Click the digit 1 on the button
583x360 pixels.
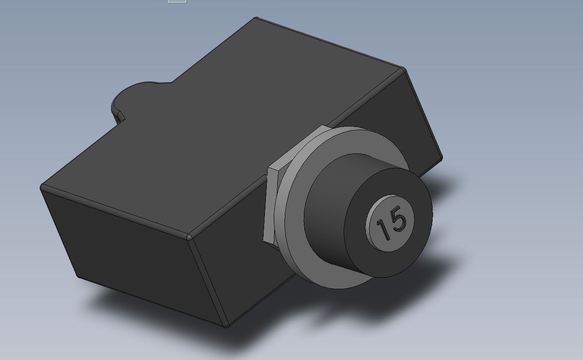click(x=383, y=230)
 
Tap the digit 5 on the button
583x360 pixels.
click(x=398, y=218)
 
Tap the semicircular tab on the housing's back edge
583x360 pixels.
click(x=135, y=96)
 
